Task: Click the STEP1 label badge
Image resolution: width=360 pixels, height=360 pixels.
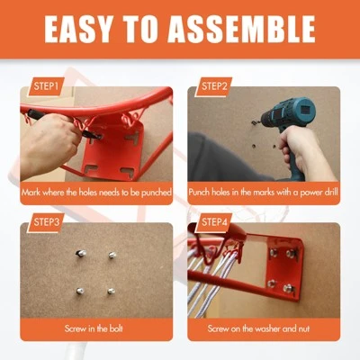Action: click(46, 86)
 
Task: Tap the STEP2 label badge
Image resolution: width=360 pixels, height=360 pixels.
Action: click(213, 86)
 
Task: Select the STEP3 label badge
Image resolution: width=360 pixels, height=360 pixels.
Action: click(46, 222)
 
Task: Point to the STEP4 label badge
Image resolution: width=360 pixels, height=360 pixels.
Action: click(213, 222)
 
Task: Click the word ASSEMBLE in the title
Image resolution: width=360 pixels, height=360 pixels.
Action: click(241, 29)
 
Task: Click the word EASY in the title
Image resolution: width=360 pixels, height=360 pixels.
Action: click(78, 29)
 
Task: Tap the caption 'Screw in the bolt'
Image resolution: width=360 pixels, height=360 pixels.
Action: click(94, 328)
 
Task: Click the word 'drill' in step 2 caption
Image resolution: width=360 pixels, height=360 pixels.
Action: click(331, 192)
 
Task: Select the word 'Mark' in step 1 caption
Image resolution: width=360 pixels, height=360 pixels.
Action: click(31, 193)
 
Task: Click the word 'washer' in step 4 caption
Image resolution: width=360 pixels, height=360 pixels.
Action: click(267, 328)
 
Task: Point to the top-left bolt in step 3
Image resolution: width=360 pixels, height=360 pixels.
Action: click(81, 254)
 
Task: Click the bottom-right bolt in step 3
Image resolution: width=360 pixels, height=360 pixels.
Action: click(111, 291)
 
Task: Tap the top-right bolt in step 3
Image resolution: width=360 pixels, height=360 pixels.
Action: click(112, 255)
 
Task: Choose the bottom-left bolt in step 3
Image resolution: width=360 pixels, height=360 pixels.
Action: click(80, 291)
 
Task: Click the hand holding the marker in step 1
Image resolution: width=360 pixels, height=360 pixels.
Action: click(48, 141)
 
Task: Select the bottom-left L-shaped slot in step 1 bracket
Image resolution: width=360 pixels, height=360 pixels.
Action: click(91, 168)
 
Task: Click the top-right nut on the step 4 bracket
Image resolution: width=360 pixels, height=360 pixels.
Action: click(290, 254)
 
